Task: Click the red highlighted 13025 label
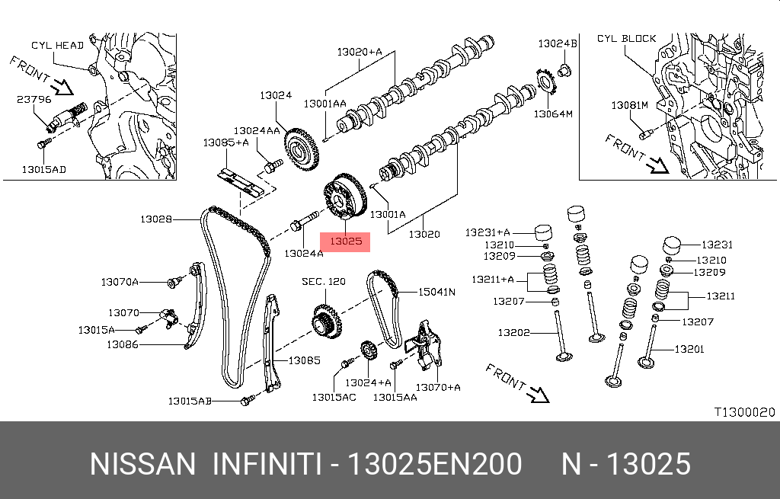click(346, 241)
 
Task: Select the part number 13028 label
click(155, 219)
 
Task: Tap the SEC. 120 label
click(323, 282)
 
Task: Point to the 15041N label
click(436, 292)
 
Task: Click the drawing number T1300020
click(743, 412)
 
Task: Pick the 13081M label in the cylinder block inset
click(629, 104)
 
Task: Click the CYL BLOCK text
click(626, 38)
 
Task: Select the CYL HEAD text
click(57, 45)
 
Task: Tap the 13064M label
click(552, 114)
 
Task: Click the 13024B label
click(558, 43)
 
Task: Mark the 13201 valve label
click(689, 350)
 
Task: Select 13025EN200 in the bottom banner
click(434, 464)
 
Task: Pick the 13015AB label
click(190, 401)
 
